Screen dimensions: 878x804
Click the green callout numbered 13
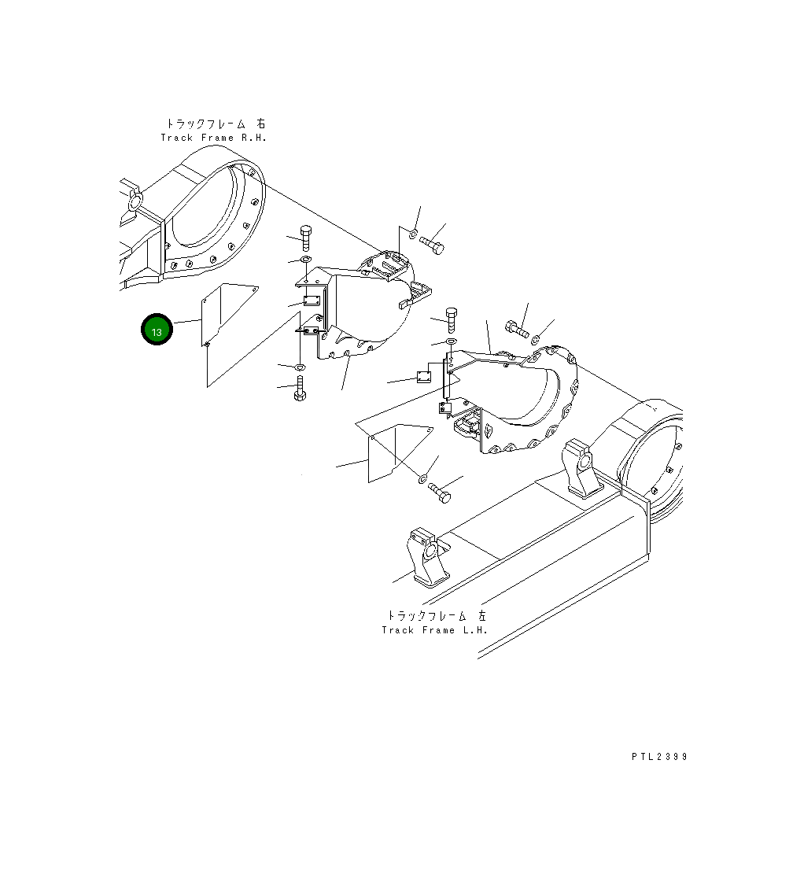pos(157,330)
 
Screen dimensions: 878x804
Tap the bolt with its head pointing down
pos(300,389)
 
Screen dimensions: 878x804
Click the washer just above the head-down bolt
pos(300,367)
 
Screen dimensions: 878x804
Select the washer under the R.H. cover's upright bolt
pos(305,259)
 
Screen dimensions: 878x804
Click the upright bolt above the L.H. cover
pos(451,319)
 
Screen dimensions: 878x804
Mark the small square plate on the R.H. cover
pos(310,301)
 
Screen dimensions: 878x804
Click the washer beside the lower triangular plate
pos(422,478)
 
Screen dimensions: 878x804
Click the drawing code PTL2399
pos(659,757)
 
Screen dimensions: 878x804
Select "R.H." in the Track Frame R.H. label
pos(253,138)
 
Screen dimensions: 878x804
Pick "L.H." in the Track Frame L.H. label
pos(474,630)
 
